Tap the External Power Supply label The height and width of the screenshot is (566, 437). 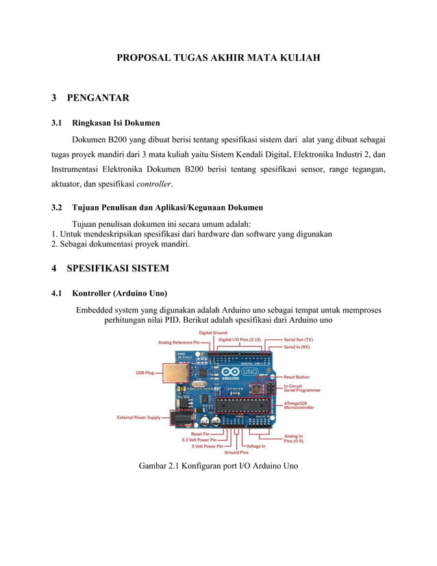coord(139,417)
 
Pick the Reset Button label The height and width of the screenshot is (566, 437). coord(297,377)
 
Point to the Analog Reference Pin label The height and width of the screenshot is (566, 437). coord(179,341)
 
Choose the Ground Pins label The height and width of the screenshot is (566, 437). coord(236,453)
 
